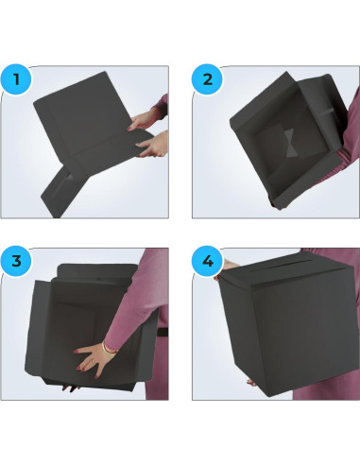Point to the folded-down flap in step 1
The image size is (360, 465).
coord(61,184)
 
